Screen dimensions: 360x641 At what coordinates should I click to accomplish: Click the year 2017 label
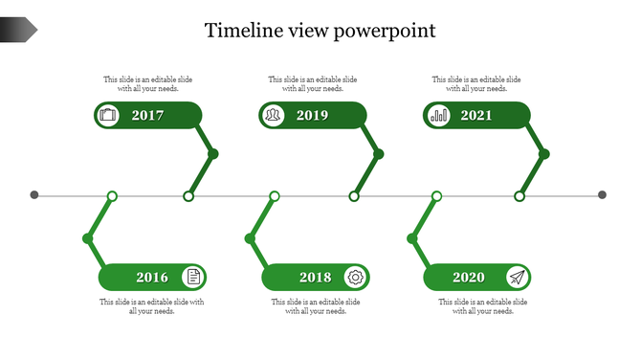(148, 116)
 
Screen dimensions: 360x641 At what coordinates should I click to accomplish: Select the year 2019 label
(312, 116)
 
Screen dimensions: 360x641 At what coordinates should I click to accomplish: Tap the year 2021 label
(476, 116)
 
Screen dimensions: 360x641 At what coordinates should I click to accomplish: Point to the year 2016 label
(152, 278)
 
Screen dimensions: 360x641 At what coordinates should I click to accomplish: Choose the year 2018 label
(315, 278)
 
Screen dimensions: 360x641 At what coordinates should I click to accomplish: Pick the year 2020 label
(469, 278)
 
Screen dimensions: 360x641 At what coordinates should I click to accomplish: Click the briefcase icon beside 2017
(108, 116)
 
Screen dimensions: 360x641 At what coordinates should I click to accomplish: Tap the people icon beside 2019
(274, 116)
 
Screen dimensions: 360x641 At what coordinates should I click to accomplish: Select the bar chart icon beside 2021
(439, 116)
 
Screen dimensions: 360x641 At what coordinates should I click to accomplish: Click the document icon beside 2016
(193, 278)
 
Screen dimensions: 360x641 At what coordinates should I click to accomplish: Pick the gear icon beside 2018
(356, 278)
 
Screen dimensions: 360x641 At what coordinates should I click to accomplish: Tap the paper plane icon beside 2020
(518, 278)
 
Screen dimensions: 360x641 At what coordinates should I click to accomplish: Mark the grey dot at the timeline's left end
(34, 195)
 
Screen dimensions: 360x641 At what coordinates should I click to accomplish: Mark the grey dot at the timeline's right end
(603, 195)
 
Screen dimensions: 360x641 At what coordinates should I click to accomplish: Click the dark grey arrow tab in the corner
(18, 30)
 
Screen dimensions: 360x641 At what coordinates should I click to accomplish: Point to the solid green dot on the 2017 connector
(213, 153)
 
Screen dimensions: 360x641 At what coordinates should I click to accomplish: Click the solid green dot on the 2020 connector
(412, 237)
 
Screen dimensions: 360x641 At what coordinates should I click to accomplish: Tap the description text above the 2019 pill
(313, 84)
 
